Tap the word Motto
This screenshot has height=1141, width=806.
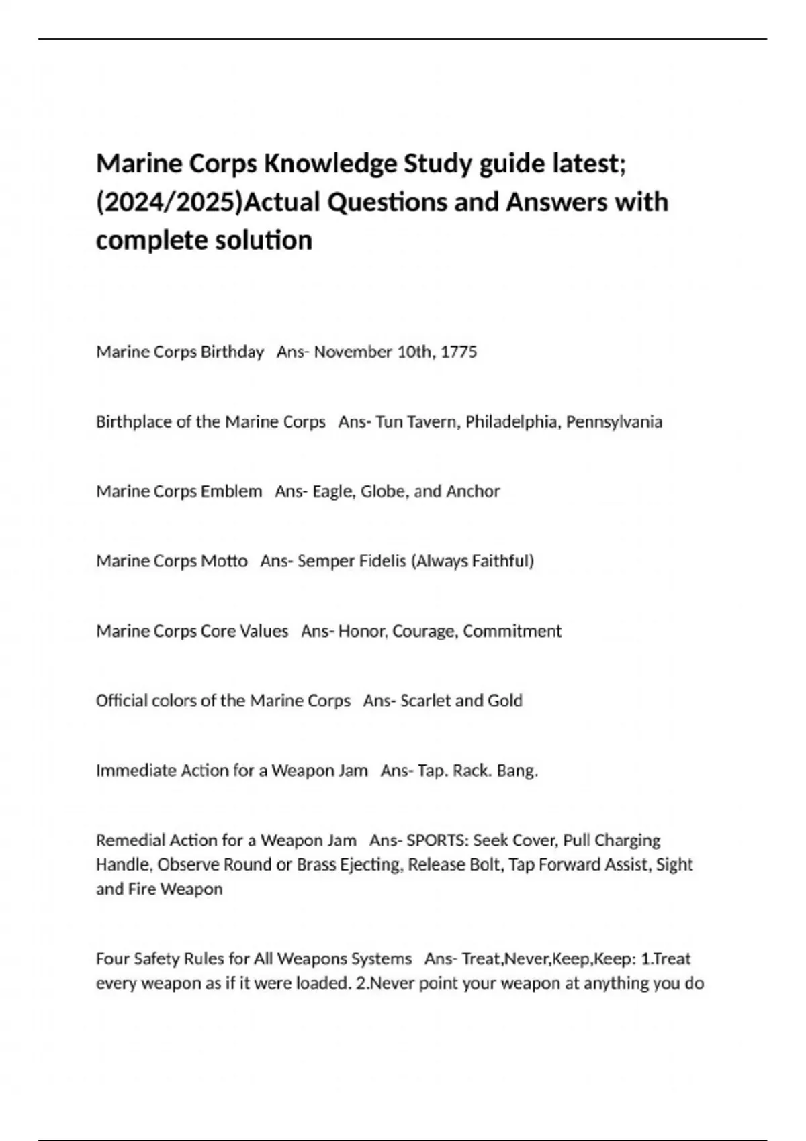click(224, 561)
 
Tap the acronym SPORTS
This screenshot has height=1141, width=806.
click(437, 840)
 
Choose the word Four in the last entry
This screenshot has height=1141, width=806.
click(111, 958)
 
